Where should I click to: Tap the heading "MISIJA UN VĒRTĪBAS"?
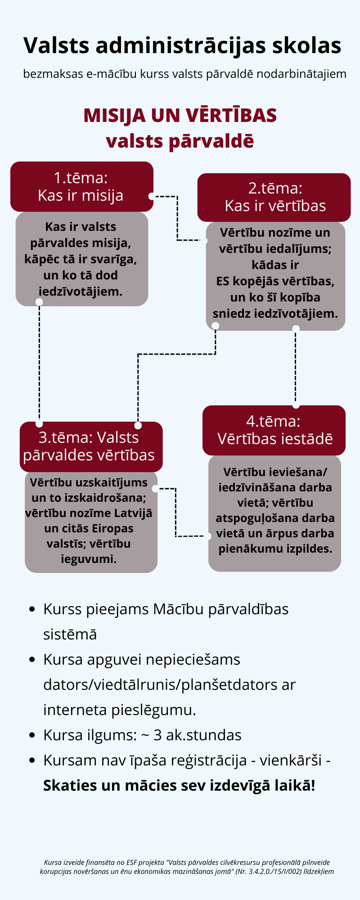180,116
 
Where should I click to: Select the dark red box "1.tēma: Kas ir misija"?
81,186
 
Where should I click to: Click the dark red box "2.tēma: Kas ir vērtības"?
274,197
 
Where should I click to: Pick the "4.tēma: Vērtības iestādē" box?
274,430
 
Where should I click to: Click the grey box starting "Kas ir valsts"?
81,259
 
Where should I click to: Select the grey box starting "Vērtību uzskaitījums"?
90,521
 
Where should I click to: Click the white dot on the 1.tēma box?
152,196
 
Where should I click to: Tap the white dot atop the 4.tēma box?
296,405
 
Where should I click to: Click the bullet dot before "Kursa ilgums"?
32,735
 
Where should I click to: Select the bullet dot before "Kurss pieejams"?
32,609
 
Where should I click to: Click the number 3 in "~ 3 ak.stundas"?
158,735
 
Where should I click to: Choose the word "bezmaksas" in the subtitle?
53,74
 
